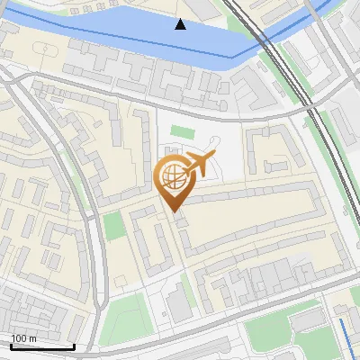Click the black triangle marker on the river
[x=181, y=24]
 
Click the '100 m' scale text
[x=23, y=338]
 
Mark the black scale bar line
[x=42, y=346]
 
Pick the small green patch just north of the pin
[x=183, y=133]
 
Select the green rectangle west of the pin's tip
[x=114, y=225]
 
